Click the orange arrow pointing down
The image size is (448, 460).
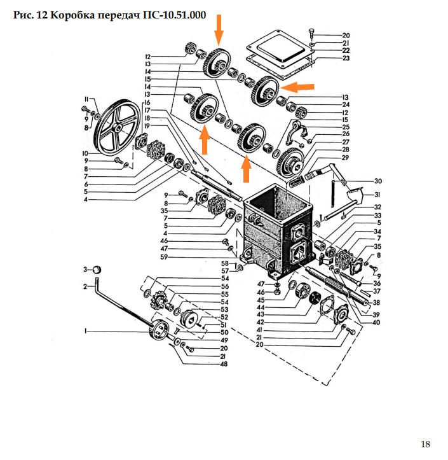click(x=219, y=29)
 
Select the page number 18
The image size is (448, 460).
click(x=425, y=443)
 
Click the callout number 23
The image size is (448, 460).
click(x=346, y=59)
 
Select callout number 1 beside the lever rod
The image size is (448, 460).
click(x=85, y=331)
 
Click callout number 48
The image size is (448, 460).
click(x=224, y=365)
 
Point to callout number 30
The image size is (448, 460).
click(x=377, y=181)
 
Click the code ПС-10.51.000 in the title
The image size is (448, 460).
click(x=172, y=16)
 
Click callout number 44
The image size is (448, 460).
click(x=261, y=307)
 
